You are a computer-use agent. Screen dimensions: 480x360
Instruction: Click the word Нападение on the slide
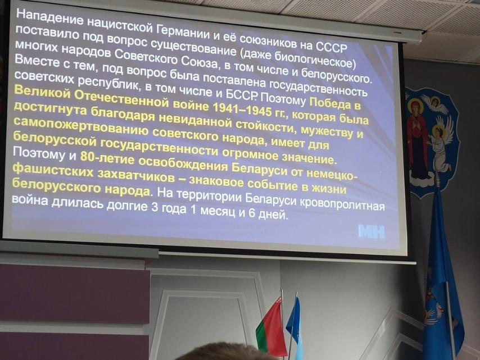coord(49,16)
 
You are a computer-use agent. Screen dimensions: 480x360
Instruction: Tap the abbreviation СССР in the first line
coord(331,46)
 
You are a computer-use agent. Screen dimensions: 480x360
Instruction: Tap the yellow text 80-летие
coord(107,159)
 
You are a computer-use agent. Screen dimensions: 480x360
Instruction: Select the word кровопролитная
coord(342,204)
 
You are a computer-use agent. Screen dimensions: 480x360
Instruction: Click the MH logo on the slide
coord(372,232)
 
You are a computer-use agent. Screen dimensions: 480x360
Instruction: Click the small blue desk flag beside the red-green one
coord(295,324)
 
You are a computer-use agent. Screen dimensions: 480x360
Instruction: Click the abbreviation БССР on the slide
coord(242,95)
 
